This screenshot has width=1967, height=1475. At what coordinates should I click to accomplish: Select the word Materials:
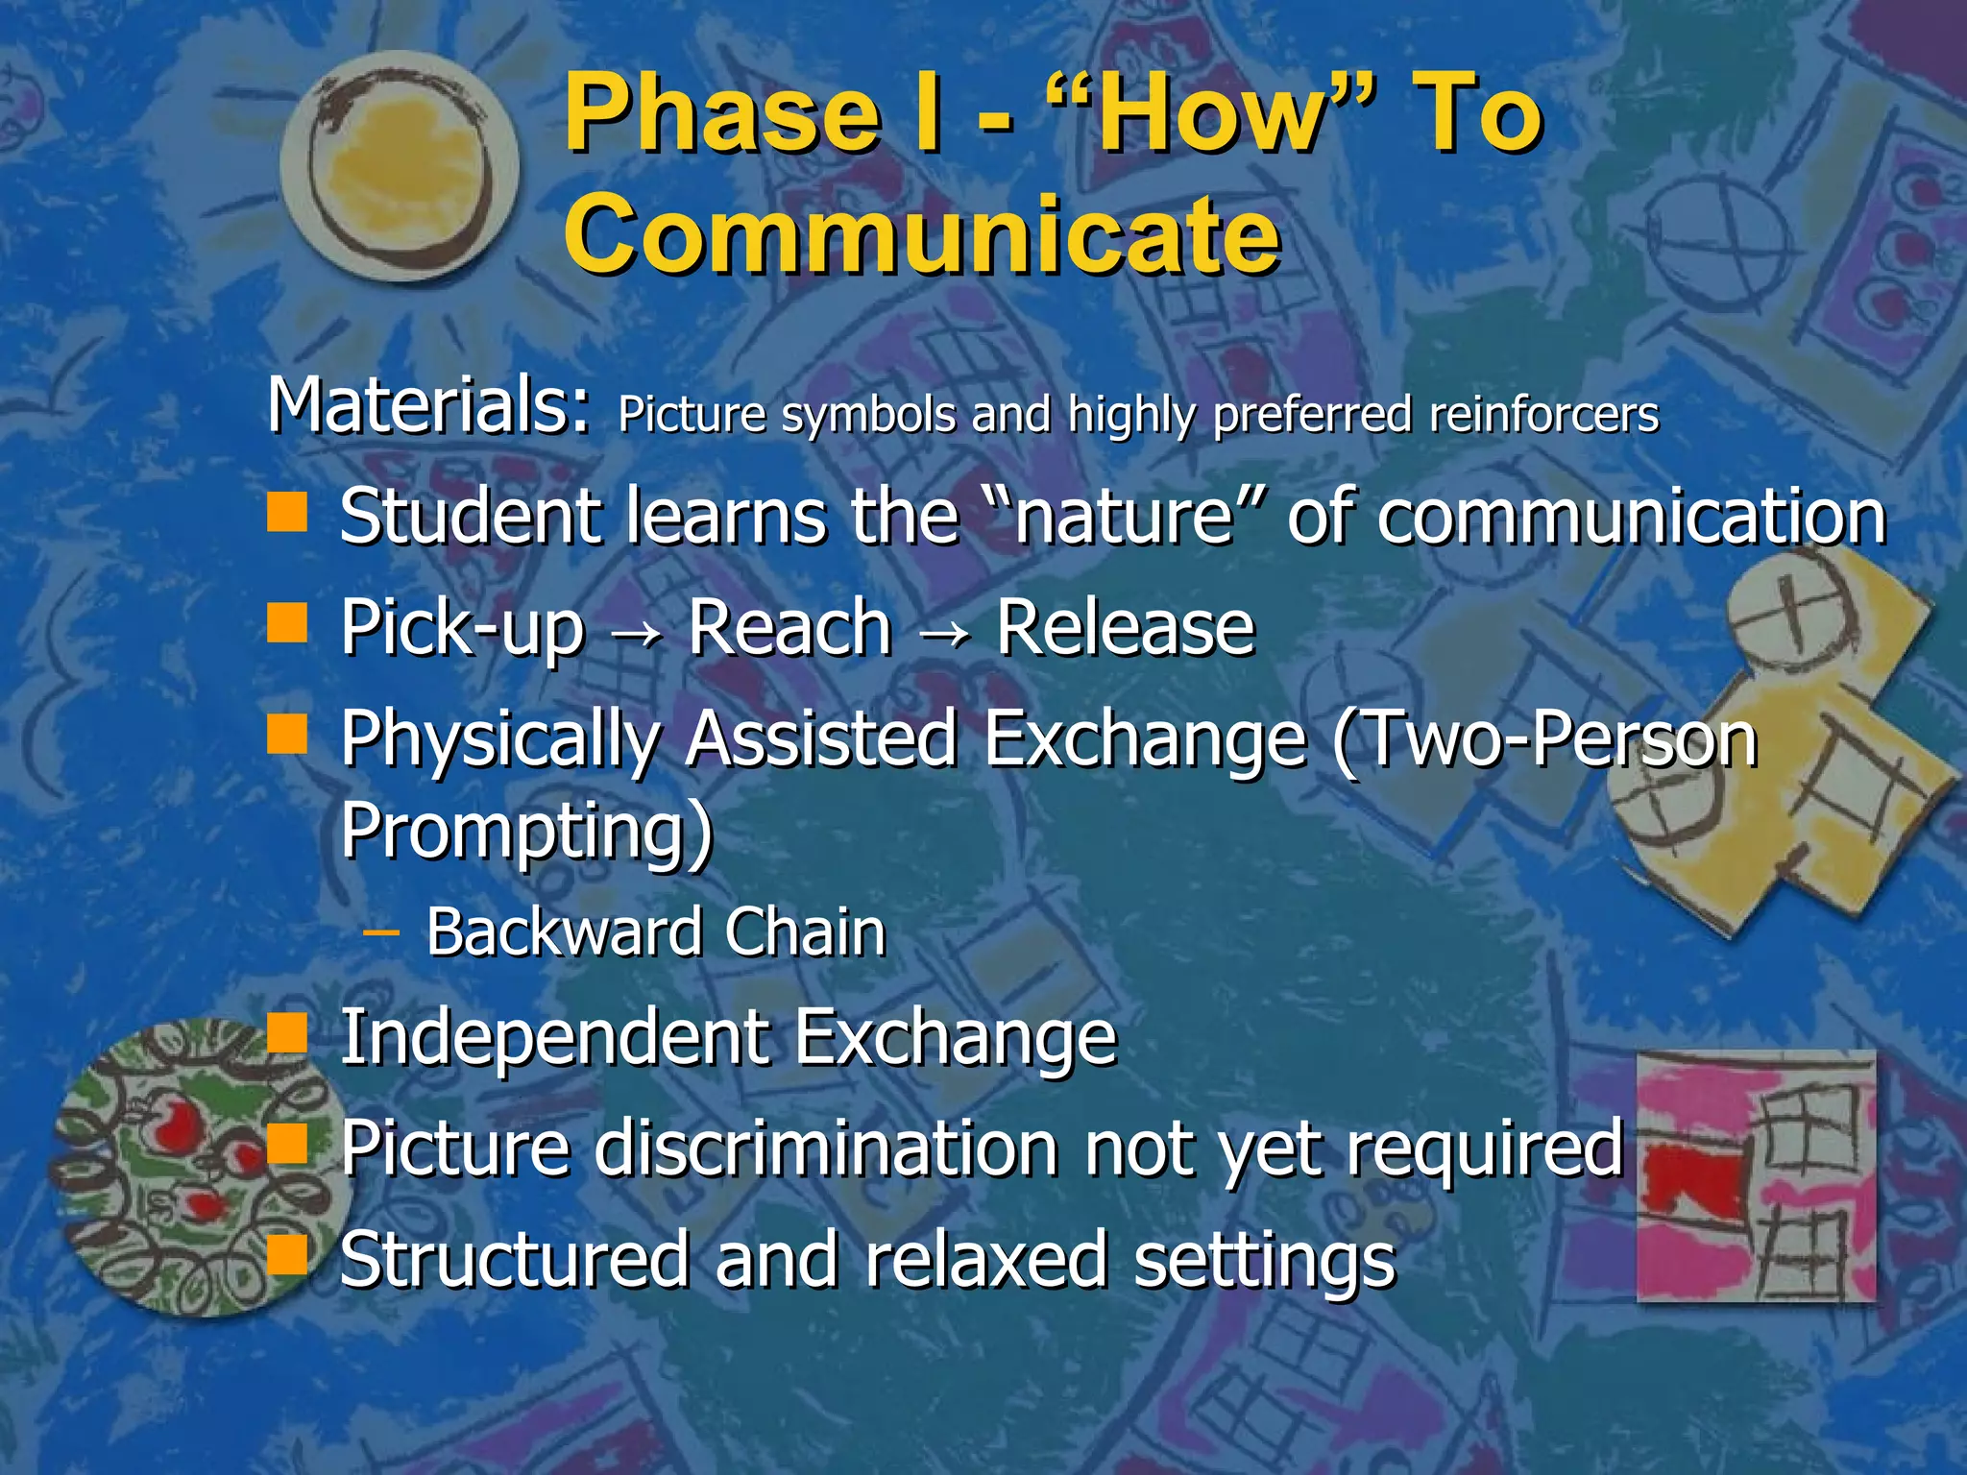click(x=428, y=406)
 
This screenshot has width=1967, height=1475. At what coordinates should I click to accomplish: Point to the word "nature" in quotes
click(x=1124, y=517)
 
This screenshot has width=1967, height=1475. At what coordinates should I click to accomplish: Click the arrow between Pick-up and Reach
click(x=636, y=634)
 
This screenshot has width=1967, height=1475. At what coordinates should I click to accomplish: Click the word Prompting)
click(x=527, y=832)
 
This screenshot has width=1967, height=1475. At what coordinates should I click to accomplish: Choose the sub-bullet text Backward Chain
click(x=656, y=932)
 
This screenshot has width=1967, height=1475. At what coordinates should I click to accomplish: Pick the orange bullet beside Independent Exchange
click(x=287, y=1034)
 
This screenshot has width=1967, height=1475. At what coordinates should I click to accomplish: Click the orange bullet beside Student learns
click(x=287, y=512)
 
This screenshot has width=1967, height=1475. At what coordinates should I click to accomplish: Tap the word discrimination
click(x=826, y=1148)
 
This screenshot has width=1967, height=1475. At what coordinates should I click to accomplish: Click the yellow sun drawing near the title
click(x=400, y=166)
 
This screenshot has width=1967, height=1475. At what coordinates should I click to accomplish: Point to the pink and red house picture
click(x=1756, y=1176)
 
